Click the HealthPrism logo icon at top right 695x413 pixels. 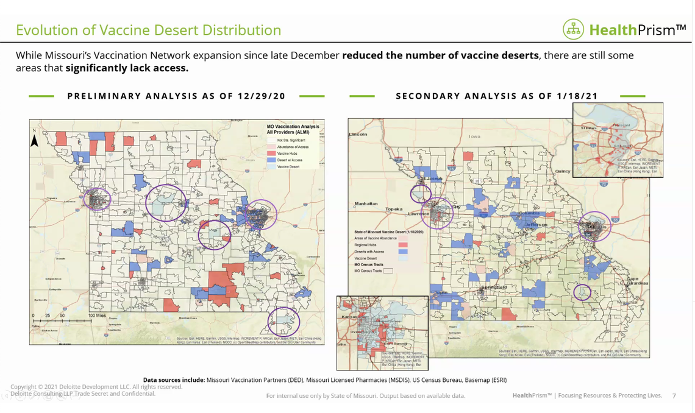(573, 29)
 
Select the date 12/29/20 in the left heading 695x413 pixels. (263, 96)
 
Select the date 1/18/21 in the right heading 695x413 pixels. (577, 96)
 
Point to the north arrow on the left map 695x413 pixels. (35, 141)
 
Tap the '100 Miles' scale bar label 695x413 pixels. (97, 316)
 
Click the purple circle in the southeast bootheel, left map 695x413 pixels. (283, 320)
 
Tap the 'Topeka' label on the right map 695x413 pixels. (393, 209)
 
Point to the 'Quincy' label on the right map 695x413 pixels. (562, 171)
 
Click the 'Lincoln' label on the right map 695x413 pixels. (358, 133)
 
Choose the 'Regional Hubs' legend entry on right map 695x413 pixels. (365, 244)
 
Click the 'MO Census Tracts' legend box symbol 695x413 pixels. (388, 271)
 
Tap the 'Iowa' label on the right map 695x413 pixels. (474, 136)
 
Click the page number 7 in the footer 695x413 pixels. (674, 396)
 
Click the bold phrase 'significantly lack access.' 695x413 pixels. (127, 68)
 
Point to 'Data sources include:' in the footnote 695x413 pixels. (174, 380)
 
